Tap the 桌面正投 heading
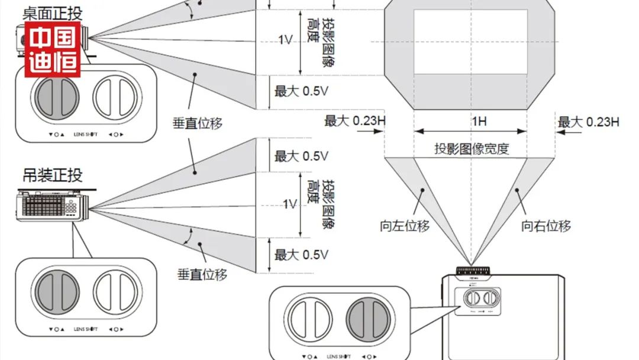(52, 12)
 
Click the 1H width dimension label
(479, 122)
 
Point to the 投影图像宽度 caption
(471, 149)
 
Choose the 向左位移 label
(405, 226)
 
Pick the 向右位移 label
(546, 226)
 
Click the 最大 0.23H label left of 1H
(355, 121)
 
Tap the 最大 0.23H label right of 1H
(588, 122)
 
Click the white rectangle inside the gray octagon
(470, 41)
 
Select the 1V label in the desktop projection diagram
(285, 40)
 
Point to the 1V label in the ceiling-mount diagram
(289, 204)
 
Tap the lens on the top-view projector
(472, 271)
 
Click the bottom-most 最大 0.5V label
(301, 255)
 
